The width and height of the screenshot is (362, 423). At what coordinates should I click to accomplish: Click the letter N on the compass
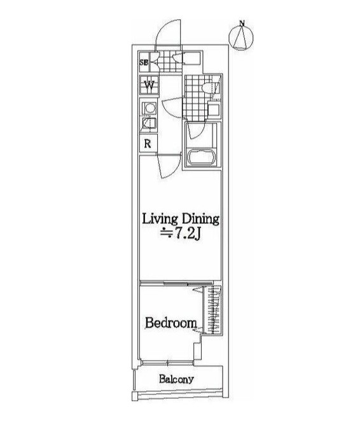click(242, 24)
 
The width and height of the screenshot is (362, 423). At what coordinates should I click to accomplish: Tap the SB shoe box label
click(144, 62)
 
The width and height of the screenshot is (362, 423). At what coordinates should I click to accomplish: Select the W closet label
click(149, 86)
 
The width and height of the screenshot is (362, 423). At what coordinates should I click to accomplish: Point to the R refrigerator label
click(148, 144)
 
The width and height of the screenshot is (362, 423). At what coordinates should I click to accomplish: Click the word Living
click(160, 219)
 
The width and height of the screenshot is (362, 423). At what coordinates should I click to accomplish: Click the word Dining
click(200, 219)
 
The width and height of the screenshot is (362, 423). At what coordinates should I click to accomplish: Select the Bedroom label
click(171, 322)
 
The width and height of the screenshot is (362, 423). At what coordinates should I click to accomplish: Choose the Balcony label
click(176, 379)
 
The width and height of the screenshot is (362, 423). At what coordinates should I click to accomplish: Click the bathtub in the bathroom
click(202, 156)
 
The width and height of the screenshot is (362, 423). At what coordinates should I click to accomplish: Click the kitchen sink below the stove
click(149, 123)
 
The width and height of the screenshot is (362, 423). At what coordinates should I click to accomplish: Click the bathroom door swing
click(196, 131)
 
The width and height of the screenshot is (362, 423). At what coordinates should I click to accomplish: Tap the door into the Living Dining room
click(169, 167)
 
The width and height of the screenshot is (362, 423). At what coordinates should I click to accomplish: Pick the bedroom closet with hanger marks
click(213, 310)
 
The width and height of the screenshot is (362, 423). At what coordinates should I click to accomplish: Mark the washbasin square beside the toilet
click(214, 111)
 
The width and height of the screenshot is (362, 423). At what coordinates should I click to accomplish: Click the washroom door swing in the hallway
click(173, 108)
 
